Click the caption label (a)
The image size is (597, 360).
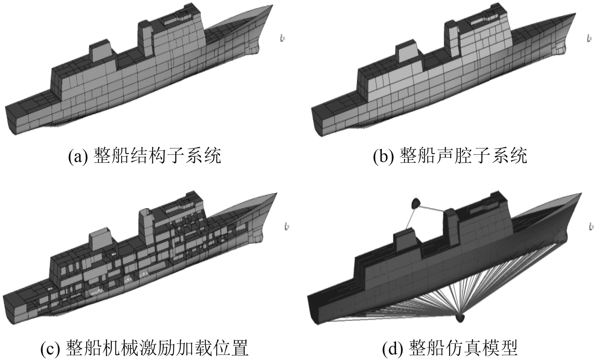tap(77, 156)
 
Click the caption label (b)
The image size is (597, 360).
tap(383, 156)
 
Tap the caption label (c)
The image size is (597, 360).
tap(50, 347)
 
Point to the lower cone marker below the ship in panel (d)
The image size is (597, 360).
tap(460, 317)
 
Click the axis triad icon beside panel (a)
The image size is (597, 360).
tap(282, 39)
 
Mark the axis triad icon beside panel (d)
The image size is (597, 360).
tap(591, 226)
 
